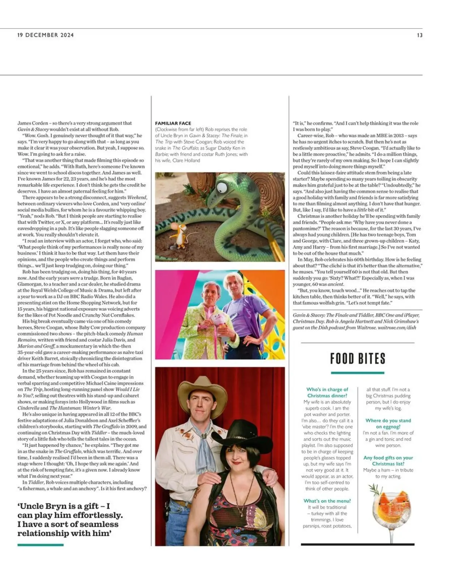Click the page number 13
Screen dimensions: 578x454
419,35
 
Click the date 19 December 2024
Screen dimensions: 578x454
46,35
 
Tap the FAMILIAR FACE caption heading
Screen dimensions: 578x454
173,123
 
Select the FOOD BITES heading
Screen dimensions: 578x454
357,359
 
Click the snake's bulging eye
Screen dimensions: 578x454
223,187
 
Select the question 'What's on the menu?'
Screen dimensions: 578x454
327,501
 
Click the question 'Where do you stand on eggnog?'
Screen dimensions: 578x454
388,423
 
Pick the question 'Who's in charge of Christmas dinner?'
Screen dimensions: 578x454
327,392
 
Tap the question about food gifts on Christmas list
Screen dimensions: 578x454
388,461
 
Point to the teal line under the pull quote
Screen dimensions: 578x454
40,545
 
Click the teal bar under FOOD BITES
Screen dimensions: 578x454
357,373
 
